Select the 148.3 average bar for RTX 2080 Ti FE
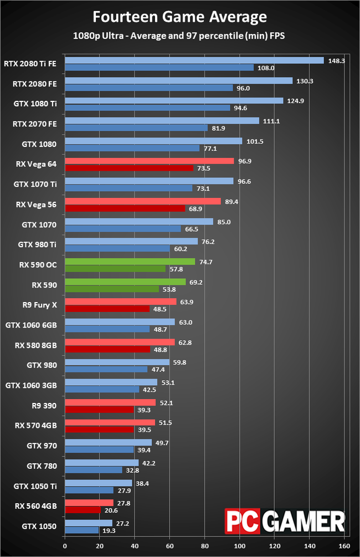pos(194,60)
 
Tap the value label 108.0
pos(264,68)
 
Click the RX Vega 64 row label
pos(37,164)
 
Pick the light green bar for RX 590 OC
pos(130,262)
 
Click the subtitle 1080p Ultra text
pos(179,36)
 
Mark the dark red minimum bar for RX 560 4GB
pos(83,509)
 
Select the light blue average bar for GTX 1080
pos(153,141)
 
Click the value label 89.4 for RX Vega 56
pos(232,202)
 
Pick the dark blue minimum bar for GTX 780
pos(94,469)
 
